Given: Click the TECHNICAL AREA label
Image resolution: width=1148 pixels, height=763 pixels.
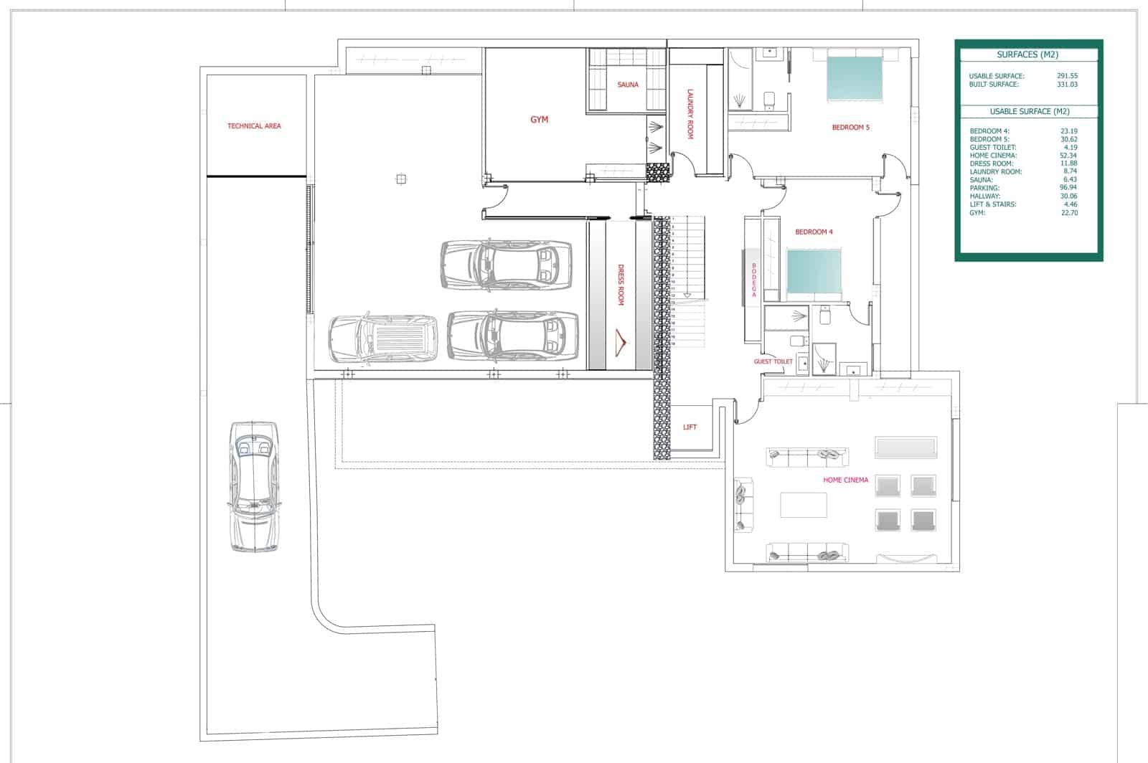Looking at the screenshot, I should (254, 126).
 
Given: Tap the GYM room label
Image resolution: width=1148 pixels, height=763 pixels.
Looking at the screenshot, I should (539, 120).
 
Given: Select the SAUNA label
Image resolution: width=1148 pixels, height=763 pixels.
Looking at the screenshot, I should (627, 85).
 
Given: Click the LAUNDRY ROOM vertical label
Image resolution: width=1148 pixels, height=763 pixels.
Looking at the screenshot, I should (690, 114).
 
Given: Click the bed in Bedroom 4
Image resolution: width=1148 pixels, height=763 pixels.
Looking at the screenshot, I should (814, 273).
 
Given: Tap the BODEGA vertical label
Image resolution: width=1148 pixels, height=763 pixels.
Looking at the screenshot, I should (754, 280).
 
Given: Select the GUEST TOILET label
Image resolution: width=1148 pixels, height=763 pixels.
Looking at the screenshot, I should (773, 361).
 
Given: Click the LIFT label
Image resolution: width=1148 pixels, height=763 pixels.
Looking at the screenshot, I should (690, 427).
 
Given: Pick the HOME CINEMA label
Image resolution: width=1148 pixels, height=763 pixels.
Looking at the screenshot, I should (845, 480).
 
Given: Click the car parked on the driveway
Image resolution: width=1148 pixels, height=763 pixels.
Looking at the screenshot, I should (254, 486).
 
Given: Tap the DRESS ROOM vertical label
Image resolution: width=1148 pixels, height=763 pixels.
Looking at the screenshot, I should (621, 285).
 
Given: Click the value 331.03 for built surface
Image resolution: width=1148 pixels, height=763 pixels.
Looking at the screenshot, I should (1067, 85).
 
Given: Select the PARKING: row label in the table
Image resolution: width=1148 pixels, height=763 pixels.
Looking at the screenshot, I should (984, 188).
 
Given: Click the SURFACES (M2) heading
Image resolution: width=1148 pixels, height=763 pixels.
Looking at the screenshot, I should (1027, 54).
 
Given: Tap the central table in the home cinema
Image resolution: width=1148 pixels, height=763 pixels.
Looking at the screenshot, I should (803, 505).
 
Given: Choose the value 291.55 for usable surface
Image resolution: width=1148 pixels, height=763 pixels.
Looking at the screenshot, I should (1067, 76).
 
